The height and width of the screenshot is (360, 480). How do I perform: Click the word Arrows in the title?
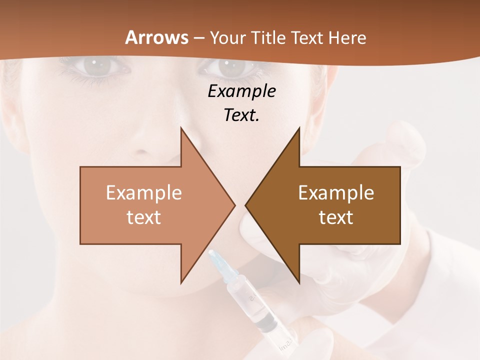(156, 37)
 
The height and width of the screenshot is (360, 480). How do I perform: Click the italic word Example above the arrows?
(241, 91)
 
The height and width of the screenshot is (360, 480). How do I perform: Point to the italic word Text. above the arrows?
(241, 115)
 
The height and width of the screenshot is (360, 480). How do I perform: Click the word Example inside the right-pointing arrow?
(143, 192)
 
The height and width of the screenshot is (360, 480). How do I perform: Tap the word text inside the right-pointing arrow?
(143, 217)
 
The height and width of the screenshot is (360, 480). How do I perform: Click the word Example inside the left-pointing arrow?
(336, 192)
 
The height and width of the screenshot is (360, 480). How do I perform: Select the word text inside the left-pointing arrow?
(336, 217)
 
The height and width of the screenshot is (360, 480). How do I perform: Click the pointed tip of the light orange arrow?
(234, 205)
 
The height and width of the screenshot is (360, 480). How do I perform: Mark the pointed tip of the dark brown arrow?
(246, 205)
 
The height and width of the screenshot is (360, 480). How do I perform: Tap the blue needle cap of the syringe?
(218, 262)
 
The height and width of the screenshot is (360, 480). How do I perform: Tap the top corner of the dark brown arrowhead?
(299, 128)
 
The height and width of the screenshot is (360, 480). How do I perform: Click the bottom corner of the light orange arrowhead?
(181, 282)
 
